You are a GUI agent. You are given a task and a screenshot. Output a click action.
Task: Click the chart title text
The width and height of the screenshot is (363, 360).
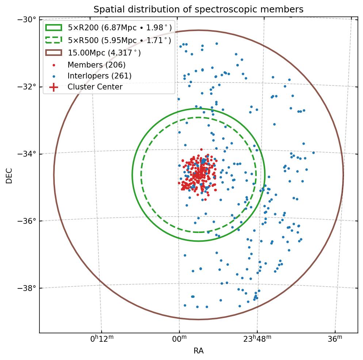tap(198, 9)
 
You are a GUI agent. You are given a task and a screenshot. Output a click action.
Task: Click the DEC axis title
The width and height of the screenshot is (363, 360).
tap(9, 176)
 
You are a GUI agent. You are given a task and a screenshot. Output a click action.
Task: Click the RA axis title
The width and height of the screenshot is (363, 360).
tap(198, 351)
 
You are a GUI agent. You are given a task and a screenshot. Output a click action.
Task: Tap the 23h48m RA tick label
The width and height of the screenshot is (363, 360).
tap(257, 339)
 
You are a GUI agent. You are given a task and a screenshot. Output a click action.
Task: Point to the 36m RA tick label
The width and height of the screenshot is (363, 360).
tap(335, 339)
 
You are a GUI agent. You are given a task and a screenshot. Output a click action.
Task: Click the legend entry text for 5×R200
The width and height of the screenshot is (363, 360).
tap(120, 28)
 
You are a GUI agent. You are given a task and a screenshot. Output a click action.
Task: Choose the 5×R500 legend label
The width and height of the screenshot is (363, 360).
tap(119, 40)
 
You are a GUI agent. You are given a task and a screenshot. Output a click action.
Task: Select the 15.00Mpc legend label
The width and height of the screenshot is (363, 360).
tap(104, 53)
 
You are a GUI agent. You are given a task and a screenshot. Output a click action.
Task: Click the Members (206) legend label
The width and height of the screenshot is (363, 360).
tap(96, 65)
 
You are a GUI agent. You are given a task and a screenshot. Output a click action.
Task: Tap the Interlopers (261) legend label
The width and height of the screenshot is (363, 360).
tap(99, 76)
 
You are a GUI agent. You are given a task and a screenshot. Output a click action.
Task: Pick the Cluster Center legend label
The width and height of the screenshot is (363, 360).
tap(95, 87)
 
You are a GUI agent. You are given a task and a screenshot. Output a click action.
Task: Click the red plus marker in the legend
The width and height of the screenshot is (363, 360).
tap(54, 87)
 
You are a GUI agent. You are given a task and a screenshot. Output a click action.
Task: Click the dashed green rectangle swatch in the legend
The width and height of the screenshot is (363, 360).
tap(54, 40)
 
